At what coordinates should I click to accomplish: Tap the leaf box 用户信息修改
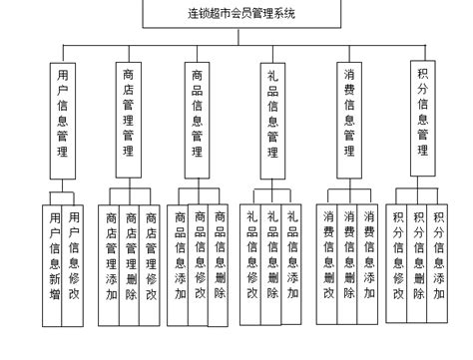[74, 264]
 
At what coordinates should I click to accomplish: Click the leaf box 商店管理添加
[109, 264]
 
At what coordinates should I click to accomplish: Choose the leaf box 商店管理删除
[130, 264]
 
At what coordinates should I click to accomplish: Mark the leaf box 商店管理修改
[151, 264]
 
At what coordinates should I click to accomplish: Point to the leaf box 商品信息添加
[180, 264]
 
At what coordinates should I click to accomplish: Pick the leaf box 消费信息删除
[328, 264]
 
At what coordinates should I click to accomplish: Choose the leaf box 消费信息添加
[370, 264]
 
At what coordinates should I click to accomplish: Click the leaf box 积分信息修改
[398, 264]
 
